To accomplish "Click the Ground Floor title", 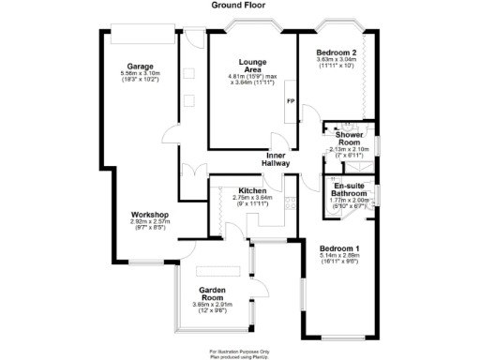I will point(239,5).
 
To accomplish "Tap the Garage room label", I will point(141,67).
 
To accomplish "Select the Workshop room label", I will point(149,215).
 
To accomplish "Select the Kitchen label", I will point(252,190).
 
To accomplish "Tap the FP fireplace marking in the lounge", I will point(290,100).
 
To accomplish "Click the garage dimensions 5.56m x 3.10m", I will point(141,74).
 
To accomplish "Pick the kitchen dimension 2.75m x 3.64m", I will point(252,197).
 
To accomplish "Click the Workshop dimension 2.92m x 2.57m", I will point(149,221).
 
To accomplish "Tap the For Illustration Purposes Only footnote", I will point(238,351).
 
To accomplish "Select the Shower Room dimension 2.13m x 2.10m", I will point(348,148).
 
